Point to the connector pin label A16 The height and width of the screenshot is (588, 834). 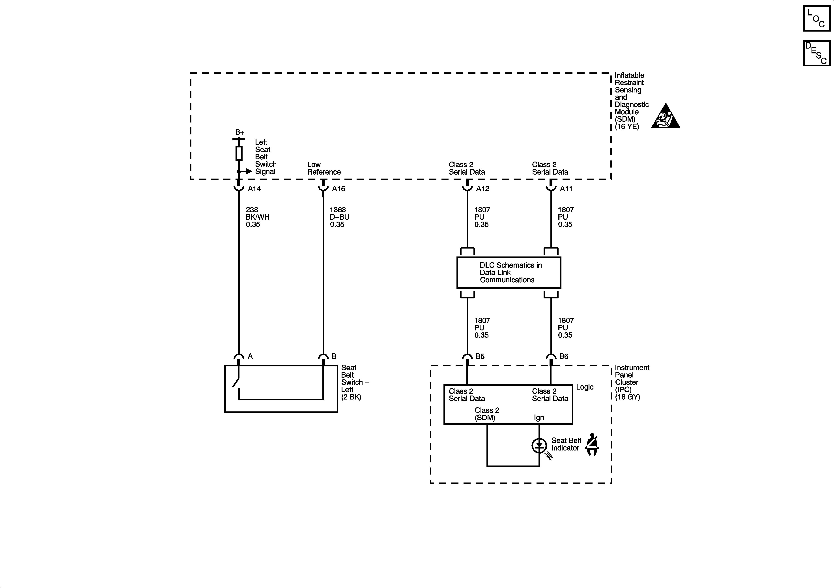[x=338, y=189]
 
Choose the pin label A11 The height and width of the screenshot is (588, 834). [x=566, y=189]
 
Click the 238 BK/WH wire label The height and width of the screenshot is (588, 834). [x=257, y=217]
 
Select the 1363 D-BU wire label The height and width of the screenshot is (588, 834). [x=339, y=217]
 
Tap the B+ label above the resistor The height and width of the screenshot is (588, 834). [x=239, y=132]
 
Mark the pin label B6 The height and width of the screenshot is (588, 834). [x=563, y=356]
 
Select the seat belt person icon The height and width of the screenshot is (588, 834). [x=592, y=444]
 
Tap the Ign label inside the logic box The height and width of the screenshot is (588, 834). [x=539, y=417]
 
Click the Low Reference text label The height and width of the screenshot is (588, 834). [x=324, y=168]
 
